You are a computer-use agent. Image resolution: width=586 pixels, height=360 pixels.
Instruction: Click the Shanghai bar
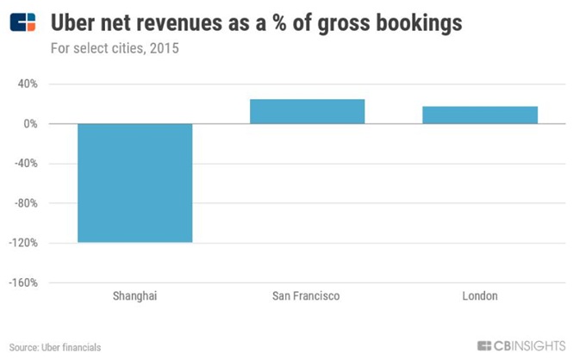[135, 183]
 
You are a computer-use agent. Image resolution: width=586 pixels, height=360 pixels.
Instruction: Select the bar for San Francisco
[307, 111]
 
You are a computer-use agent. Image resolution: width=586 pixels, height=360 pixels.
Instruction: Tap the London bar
[480, 115]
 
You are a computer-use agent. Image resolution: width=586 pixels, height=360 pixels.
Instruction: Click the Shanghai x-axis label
[135, 296]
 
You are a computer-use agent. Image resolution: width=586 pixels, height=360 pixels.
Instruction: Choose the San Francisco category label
[307, 296]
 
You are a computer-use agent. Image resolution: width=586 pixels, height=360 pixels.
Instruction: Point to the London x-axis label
[480, 296]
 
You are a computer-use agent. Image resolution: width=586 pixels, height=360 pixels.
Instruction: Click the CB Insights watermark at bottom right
[521, 346]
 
